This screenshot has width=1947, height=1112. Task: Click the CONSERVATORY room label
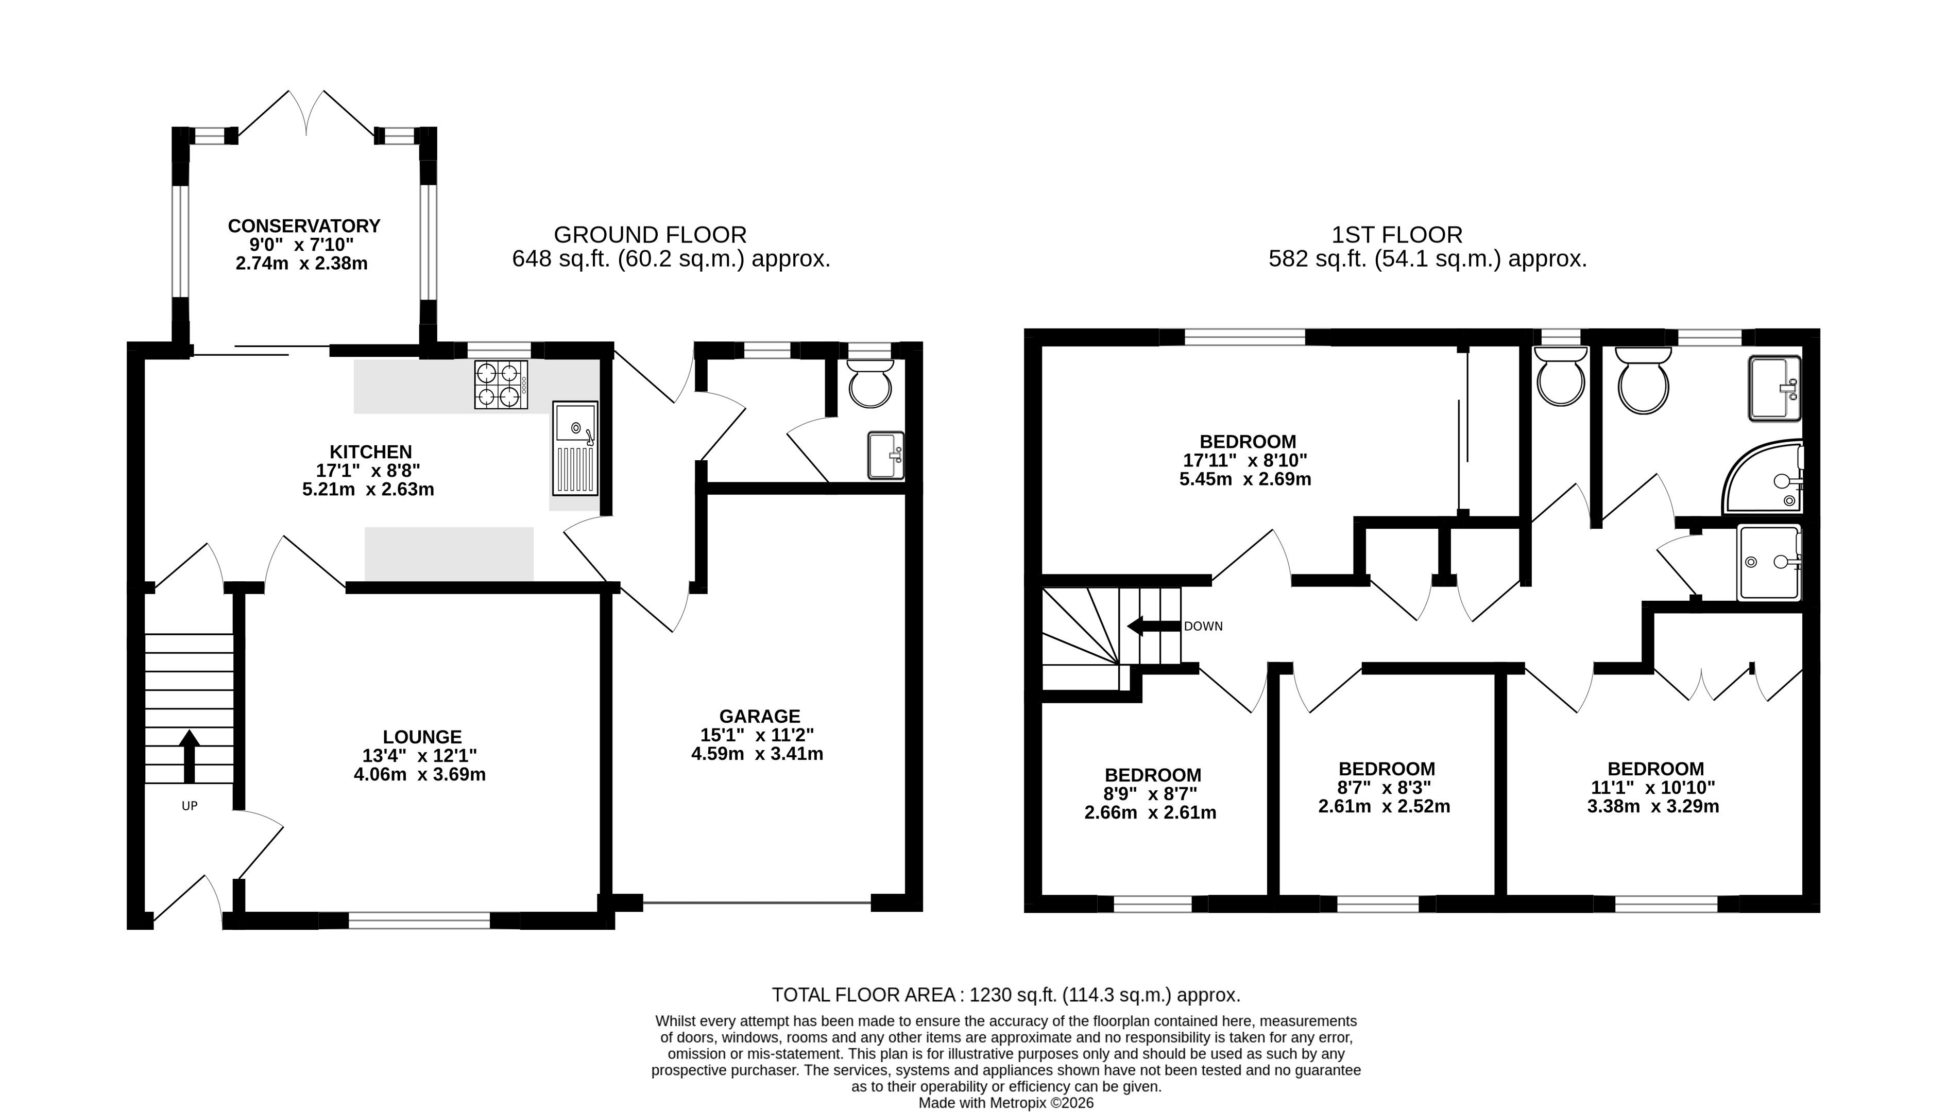click(304, 226)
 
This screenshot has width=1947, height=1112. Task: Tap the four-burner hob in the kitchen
click(501, 384)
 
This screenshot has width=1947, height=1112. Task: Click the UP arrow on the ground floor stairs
click(189, 756)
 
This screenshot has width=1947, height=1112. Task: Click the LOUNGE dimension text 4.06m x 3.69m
click(419, 774)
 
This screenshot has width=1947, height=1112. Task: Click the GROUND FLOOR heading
click(650, 234)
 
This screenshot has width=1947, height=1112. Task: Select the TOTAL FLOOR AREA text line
click(1005, 995)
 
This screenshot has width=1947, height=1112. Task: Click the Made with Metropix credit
click(1005, 1103)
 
